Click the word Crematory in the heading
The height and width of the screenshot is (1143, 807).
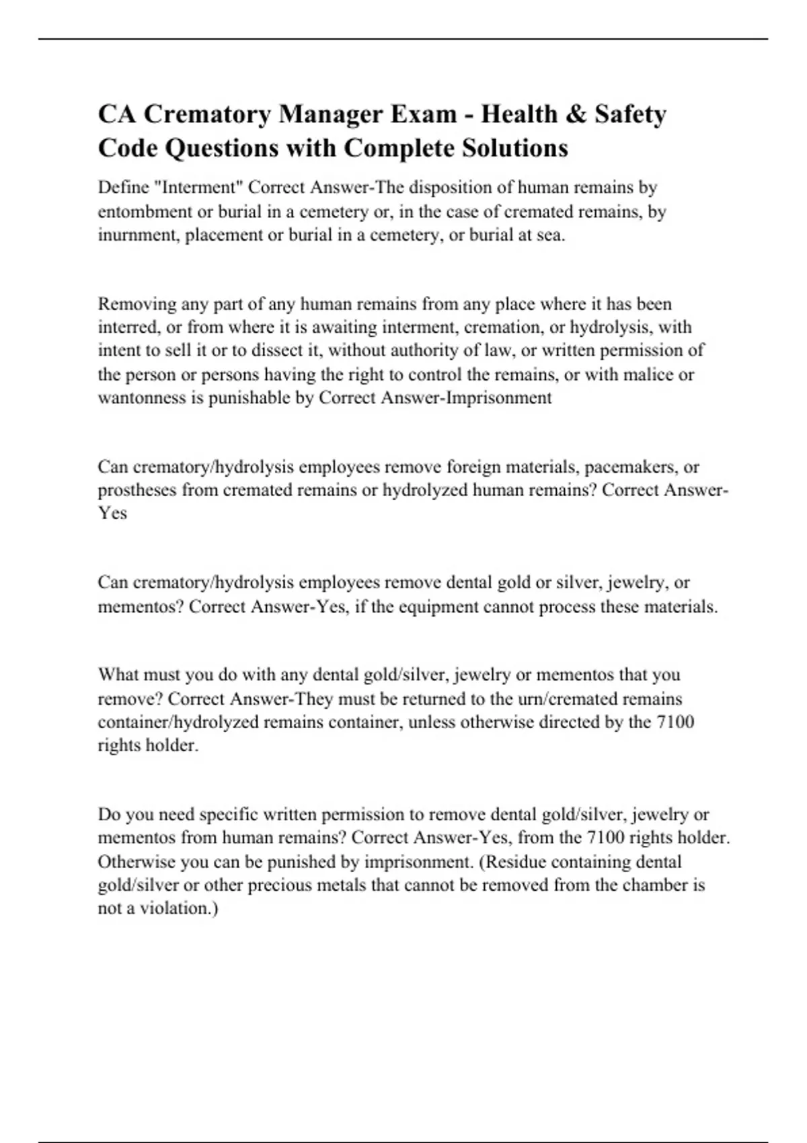[208, 114]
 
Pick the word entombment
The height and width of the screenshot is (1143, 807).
[145, 211]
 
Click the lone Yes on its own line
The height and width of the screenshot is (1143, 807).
[112, 513]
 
